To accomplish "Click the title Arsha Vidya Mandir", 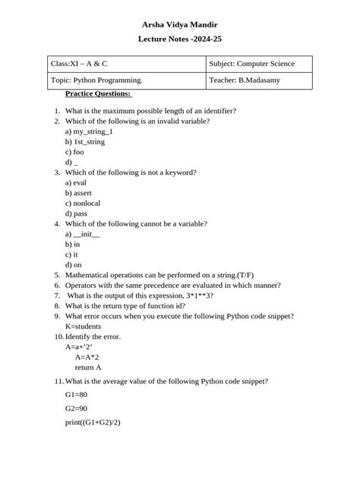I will (x=180, y=24).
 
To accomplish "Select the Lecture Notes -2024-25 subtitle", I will (x=180, y=39).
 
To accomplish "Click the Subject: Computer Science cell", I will (x=251, y=64).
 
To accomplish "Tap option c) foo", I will (x=74, y=152).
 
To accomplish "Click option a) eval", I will (x=76, y=183).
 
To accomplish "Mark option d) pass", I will (x=76, y=213).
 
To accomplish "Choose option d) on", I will (x=74, y=265).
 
